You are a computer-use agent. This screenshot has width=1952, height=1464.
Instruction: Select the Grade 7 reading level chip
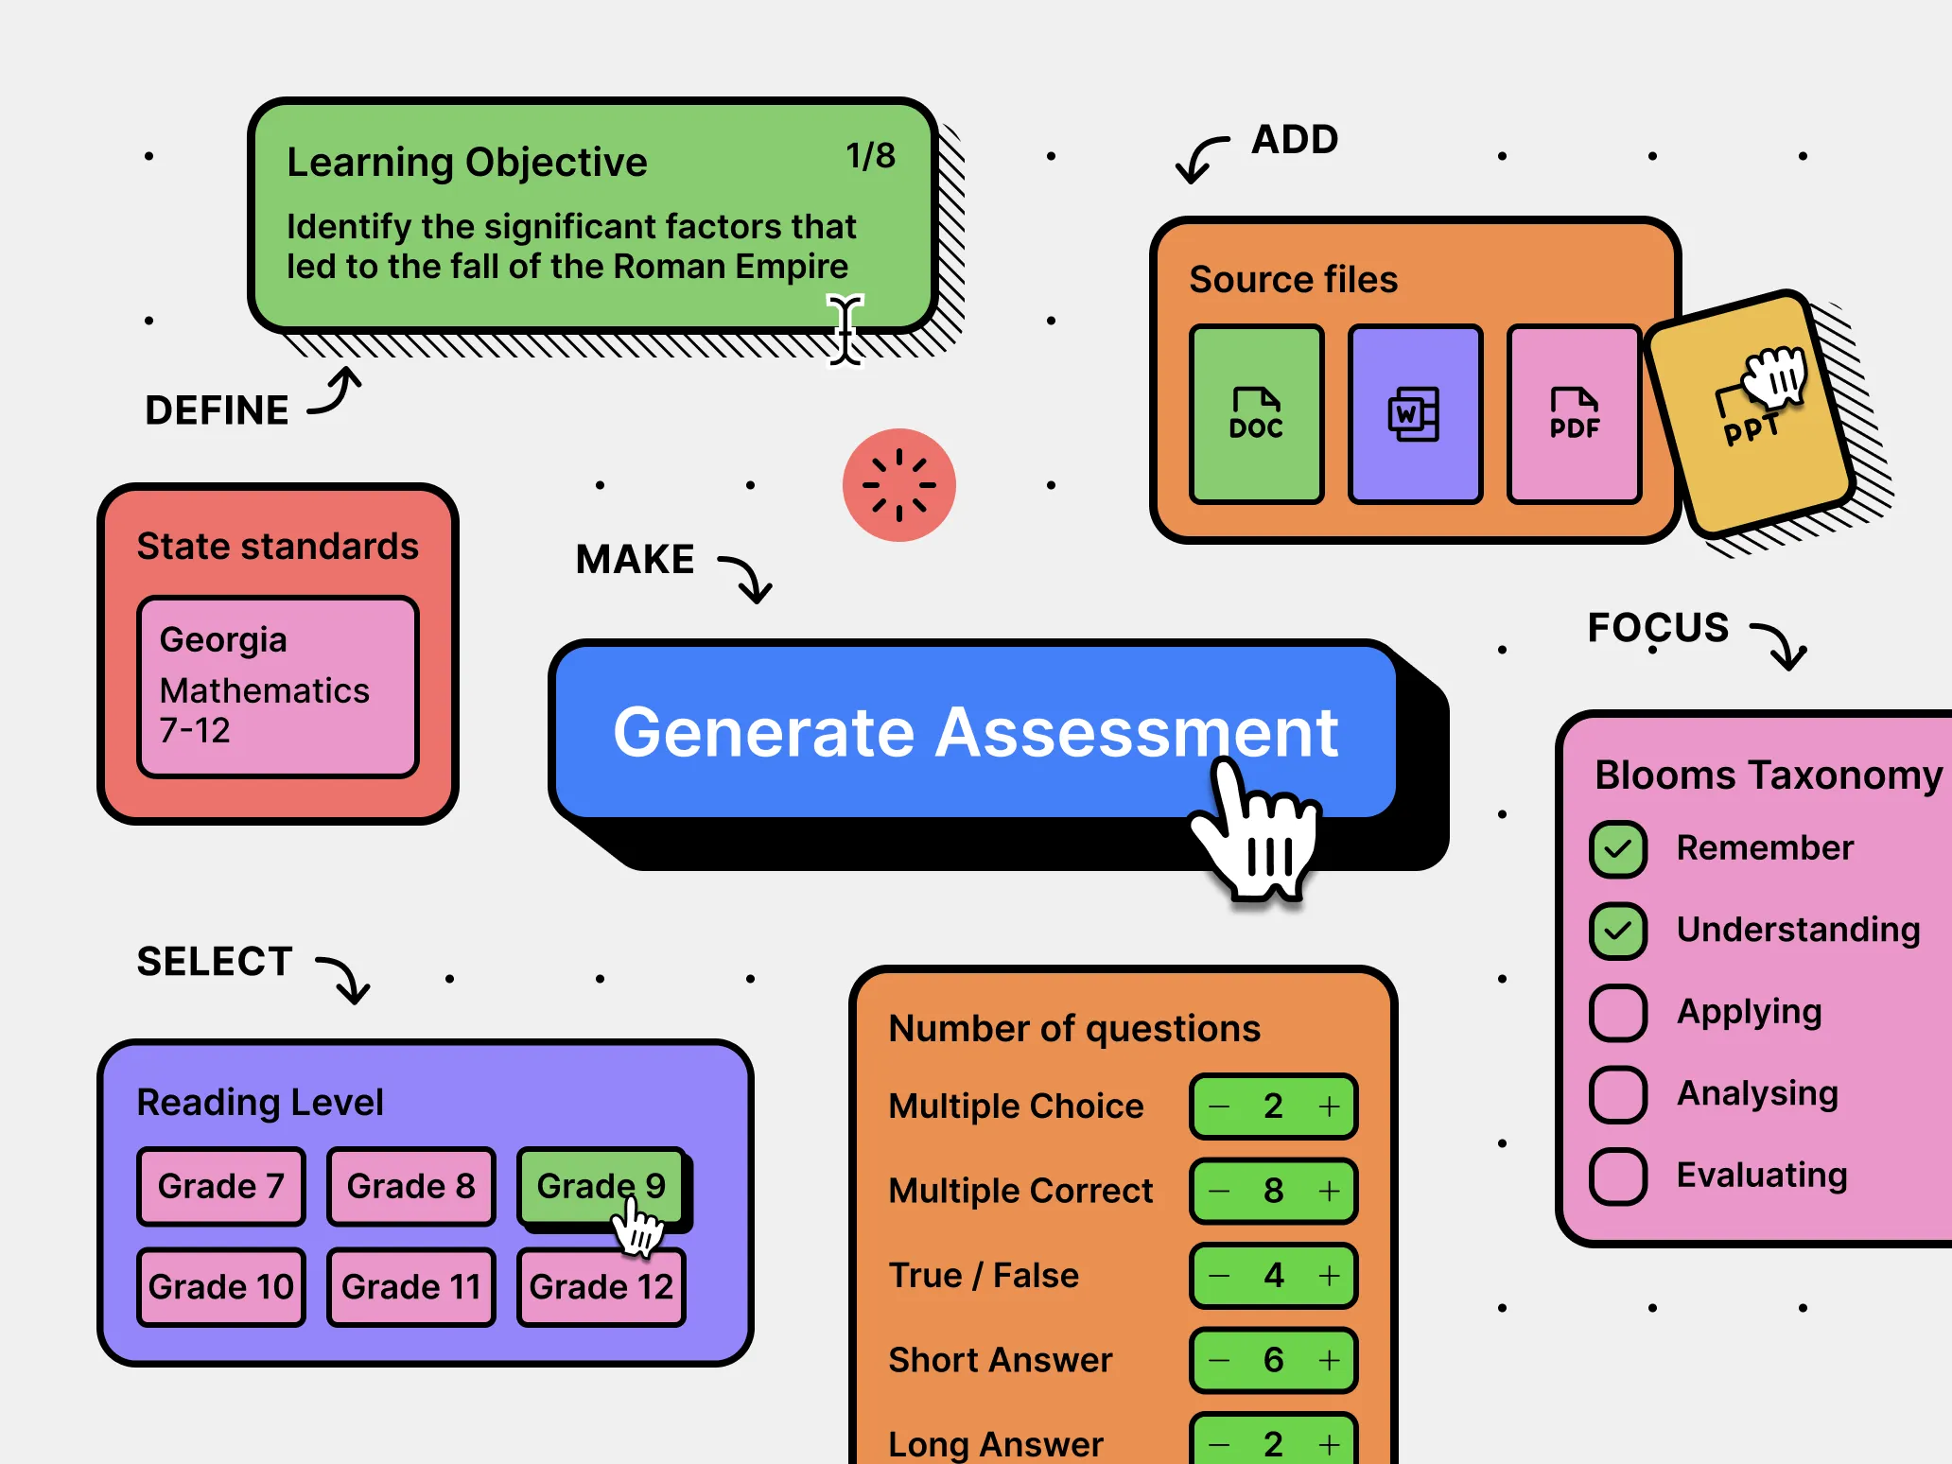pyautogui.click(x=220, y=1186)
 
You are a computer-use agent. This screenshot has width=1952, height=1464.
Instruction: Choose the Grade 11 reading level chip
pyautogui.click(x=410, y=1286)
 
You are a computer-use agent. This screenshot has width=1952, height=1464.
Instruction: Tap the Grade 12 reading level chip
pyautogui.click(x=601, y=1286)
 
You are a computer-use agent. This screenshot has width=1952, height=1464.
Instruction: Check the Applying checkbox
pyautogui.click(x=1618, y=1012)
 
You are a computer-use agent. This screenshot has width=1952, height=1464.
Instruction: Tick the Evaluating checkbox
pyautogui.click(x=1618, y=1176)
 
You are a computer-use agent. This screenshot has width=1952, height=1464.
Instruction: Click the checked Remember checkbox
pyautogui.click(x=1618, y=848)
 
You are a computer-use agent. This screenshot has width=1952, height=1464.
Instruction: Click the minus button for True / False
pyautogui.click(x=1220, y=1276)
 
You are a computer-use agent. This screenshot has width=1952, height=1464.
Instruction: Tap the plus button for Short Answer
pyautogui.click(x=1329, y=1360)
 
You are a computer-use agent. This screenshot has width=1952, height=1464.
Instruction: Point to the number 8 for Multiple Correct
pyautogui.click(x=1273, y=1191)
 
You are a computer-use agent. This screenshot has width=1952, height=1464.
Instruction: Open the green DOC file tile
pyautogui.click(x=1256, y=413)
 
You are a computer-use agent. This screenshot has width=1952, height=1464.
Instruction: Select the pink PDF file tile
pyautogui.click(x=1574, y=413)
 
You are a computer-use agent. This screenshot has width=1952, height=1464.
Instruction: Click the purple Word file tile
pyautogui.click(x=1415, y=413)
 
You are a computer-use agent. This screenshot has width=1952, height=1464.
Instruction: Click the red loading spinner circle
pyautogui.click(x=898, y=485)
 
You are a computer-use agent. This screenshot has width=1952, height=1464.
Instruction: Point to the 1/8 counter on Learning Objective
pyautogui.click(x=870, y=156)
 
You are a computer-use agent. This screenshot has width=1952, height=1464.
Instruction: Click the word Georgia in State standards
pyautogui.click(x=223, y=640)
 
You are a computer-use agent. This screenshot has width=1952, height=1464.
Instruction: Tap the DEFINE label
pyautogui.click(x=217, y=410)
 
